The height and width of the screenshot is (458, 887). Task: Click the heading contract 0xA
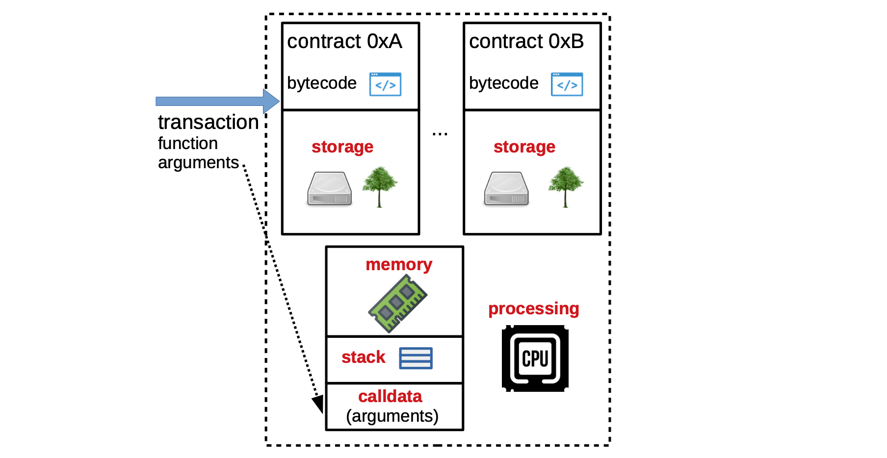click(x=344, y=41)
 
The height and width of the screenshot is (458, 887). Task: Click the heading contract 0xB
click(x=526, y=41)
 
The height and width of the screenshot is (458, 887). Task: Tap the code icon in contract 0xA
click(x=385, y=84)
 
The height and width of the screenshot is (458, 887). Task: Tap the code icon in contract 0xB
click(x=567, y=84)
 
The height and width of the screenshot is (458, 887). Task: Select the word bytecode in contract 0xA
click(x=322, y=83)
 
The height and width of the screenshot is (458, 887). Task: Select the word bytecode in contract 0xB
click(x=504, y=83)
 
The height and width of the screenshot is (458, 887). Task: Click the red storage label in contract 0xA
click(x=342, y=147)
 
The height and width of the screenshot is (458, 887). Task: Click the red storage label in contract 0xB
click(x=524, y=147)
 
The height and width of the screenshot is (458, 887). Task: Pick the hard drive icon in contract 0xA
click(x=330, y=189)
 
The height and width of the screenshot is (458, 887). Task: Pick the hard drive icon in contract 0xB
click(x=506, y=189)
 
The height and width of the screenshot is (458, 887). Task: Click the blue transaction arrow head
click(x=271, y=101)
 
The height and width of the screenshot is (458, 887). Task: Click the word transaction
click(x=208, y=122)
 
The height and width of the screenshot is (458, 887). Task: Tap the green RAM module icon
click(x=397, y=304)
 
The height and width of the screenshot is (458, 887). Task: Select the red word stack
click(x=363, y=357)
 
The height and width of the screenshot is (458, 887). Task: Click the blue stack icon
click(x=416, y=358)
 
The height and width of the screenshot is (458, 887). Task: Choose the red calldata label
click(x=390, y=396)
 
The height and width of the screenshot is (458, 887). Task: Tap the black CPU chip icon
click(x=535, y=358)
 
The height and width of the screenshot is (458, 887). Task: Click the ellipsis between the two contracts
click(x=440, y=133)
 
